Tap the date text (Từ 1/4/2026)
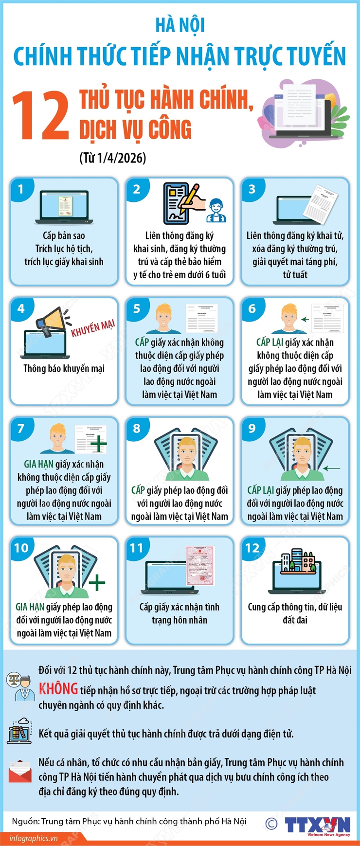[112, 158]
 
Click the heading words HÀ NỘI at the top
[180, 25]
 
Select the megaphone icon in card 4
[51, 321]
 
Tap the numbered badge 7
[21, 428]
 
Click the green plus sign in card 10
[97, 582]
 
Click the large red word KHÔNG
[58, 689]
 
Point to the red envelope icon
[20, 771]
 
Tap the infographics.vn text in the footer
[34, 838]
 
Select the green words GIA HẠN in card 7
[39, 465]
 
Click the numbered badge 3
[252, 189]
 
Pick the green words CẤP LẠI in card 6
[270, 342]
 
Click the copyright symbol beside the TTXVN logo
[271, 824]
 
